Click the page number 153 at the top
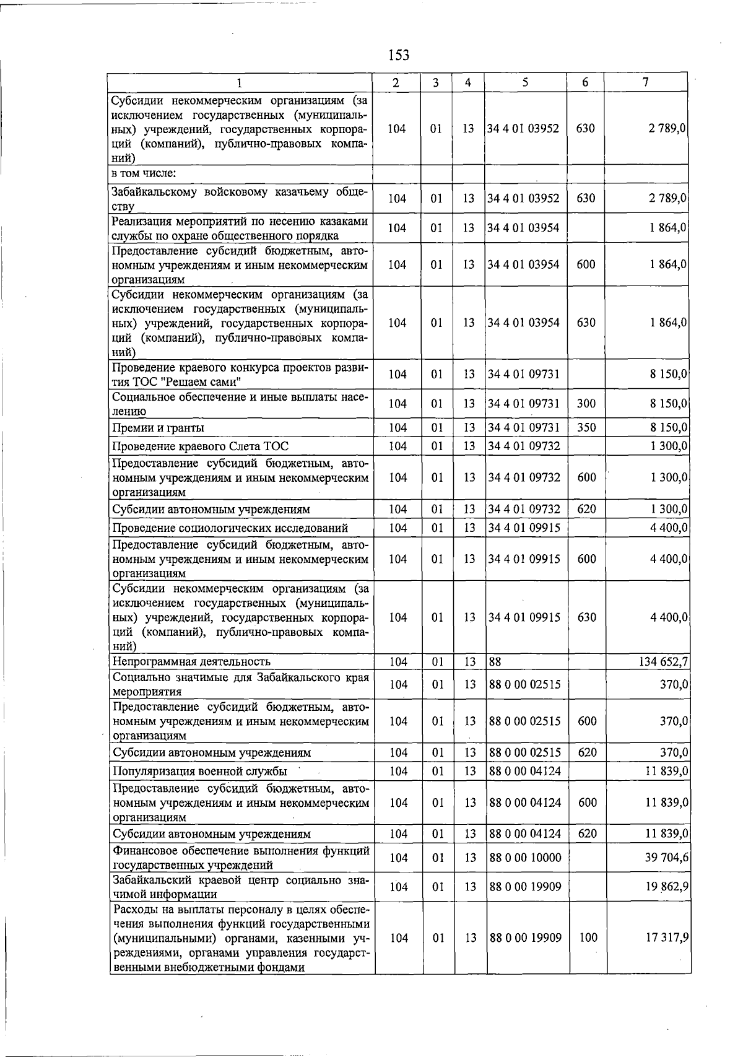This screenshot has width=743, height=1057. coord(398,55)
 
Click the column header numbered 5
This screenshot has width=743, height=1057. coord(524,82)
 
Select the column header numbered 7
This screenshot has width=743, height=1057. coord(645,82)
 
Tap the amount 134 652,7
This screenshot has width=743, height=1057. coord(663,662)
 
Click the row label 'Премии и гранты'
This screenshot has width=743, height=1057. coord(159,428)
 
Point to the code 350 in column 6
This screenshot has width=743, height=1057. coord(586,428)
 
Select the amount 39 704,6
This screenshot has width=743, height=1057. coord(667,858)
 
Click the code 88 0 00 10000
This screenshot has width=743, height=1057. coord(525,858)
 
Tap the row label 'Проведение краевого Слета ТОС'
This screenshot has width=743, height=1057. coord(200,446)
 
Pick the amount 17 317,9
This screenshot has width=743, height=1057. coord(667,938)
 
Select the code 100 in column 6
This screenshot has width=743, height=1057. coord(588,938)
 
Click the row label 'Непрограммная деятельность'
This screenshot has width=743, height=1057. coord(191,662)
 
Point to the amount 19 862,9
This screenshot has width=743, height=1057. coord(667,887)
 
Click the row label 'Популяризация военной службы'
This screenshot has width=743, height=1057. coord(199,772)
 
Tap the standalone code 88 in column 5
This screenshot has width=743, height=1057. coord(495,662)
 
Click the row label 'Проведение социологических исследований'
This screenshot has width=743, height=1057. coord(230,528)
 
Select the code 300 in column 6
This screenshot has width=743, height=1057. coord(586,404)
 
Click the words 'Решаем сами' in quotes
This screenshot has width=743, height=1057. coord(205,381)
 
